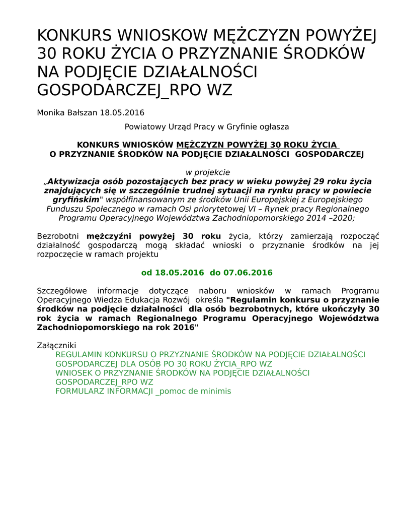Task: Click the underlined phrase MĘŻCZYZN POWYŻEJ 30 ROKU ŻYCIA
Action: [257, 145]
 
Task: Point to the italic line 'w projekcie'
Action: [208, 172]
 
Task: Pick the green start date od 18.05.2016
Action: [173, 273]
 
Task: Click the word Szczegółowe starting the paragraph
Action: [62, 291]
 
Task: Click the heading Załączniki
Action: [56, 346]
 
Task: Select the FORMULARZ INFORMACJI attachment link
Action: [143, 391]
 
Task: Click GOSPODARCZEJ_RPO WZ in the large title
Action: [135, 89]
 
